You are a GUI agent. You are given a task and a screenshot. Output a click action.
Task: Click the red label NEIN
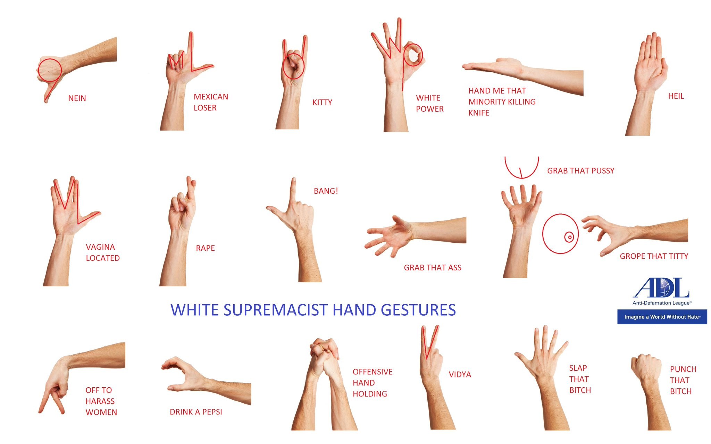[x=77, y=98]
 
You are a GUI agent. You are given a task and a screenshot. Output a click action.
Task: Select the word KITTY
[x=322, y=103]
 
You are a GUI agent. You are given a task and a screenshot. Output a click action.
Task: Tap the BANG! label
[x=326, y=191]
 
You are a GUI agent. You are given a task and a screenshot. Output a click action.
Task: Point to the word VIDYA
[x=460, y=374]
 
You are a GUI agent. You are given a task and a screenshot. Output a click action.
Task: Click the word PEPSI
[x=212, y=412]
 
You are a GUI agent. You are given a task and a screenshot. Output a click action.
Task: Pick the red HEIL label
[x=676, y=96]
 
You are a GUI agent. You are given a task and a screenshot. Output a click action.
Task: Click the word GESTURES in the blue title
[x=418, y=310]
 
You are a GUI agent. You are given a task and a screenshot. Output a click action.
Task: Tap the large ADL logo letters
[x=661, y=288]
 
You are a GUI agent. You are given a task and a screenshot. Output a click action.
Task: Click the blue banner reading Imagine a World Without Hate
[x=662, y=317]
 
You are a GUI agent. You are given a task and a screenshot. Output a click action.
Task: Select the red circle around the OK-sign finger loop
[x=413, y=55]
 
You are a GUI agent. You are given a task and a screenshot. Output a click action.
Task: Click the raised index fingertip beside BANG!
[x=294, y=180]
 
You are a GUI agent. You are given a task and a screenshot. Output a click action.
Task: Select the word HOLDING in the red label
[x=370, y=394]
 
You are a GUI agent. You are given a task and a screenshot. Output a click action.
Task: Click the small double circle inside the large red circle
[x=569, y=237]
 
